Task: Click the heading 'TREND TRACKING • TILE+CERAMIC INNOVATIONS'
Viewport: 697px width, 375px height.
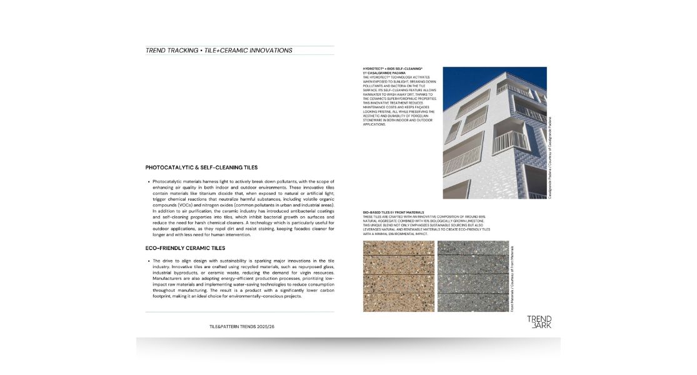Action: click(x=219, y=51)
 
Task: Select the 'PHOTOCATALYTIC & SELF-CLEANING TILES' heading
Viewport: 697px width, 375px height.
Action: click(x=201, y=167)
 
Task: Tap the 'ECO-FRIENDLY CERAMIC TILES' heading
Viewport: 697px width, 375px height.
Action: click(x=185, y=248)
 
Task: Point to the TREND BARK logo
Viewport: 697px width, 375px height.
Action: click(x=539, y=322)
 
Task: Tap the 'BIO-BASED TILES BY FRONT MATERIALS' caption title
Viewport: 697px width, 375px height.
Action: click(x=393, y=212)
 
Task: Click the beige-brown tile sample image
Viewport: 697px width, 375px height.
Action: click(x=398, y=276)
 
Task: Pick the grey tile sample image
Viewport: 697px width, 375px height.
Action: click(x=472, y=276)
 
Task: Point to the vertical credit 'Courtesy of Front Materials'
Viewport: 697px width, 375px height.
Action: click(x=512, y=278)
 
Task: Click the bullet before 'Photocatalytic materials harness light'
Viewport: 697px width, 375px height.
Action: click(x=148, y=182)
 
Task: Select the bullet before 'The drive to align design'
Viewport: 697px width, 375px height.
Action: click(x=148, y=261)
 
